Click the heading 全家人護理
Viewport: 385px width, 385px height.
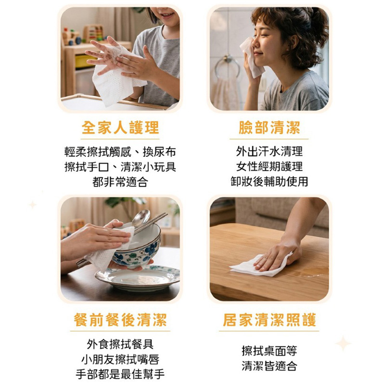[x=120, y=128]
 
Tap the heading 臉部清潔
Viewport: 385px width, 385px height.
[x=269, y=128]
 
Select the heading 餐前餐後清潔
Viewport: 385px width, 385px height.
[x=120, y=320]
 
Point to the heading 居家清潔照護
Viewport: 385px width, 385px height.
[x=269, y=320]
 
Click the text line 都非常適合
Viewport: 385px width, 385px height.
[x=120, y=182]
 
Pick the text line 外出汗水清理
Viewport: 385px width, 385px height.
[x=269, y=151]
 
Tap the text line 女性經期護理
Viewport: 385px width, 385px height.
[x=269, y=167]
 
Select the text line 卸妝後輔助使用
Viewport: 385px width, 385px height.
[x=269, y=181]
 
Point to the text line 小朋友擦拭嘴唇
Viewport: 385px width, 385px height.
[x=120, y=359]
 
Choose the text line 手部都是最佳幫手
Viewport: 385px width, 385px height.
[x=120, y=374]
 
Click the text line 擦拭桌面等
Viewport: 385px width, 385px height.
[x=269, y=350]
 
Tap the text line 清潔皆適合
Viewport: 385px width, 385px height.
[x=269, y=366]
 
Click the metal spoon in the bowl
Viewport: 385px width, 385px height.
[x=141, y=218]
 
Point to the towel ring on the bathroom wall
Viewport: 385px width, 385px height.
[x=227, y=67]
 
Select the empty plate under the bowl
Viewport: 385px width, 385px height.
[x=138, y=278]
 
